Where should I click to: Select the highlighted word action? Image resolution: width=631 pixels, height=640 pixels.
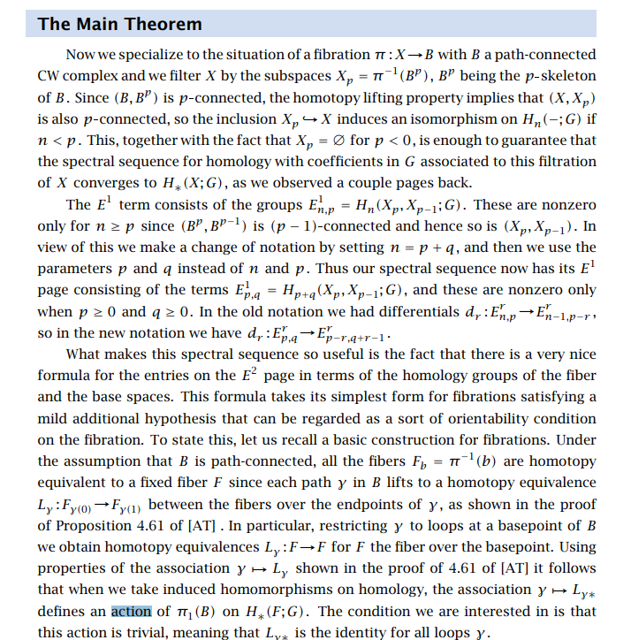pos(132,611)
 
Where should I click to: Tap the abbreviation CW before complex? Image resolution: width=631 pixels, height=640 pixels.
pos(50,75)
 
